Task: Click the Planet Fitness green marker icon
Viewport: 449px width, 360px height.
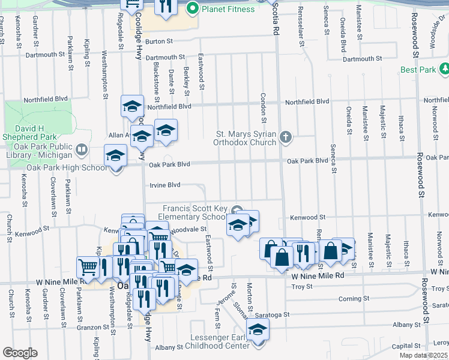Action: click(x=193, y=9)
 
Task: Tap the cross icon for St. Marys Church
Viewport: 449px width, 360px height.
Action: click(x=286, y=138)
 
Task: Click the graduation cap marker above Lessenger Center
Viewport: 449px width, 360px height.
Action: click(x=258, y=329)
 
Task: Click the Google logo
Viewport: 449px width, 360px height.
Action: click(x=20, y=353)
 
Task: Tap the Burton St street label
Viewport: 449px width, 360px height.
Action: click(x=158, y=41)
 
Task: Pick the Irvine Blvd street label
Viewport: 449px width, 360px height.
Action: click(x=164, y=185)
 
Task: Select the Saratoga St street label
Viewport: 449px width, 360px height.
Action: click(x=274, y=314)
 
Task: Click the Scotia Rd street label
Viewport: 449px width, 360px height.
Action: click(x=276, y=17)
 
